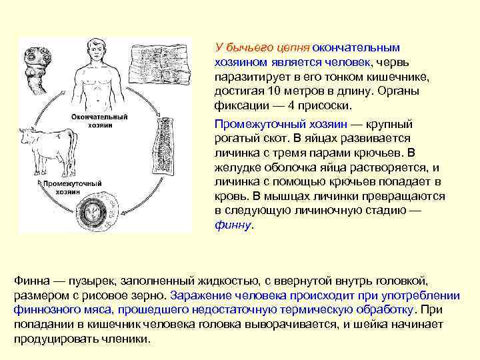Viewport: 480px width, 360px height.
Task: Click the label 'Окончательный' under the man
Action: click(x=99, y=115)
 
